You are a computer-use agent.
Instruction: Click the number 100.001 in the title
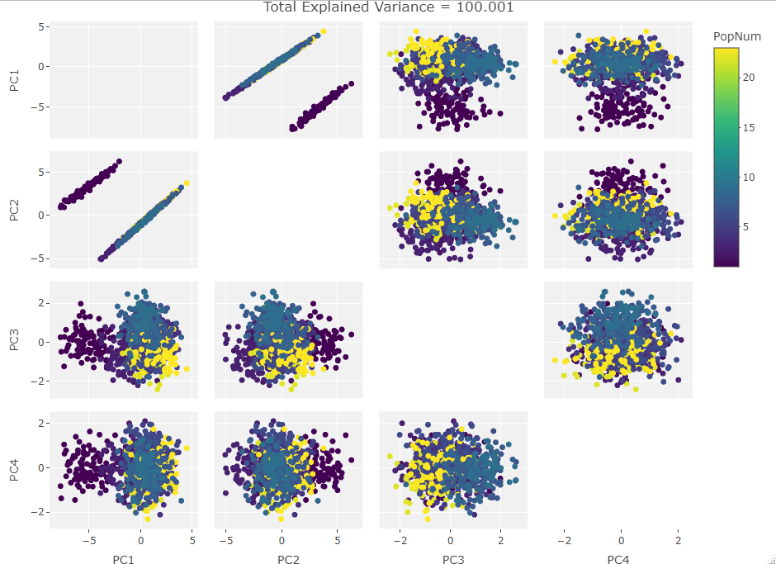click(485, 7)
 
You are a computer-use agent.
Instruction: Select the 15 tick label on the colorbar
click(750, 127)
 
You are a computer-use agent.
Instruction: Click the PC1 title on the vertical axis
click(15, 80)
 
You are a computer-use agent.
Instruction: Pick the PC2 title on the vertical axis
click(15, 210)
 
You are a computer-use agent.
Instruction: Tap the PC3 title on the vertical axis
click(15, 339)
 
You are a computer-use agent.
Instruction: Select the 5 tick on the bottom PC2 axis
click(337, 542)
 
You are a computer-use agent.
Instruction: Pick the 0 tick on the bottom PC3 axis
click(450, 542)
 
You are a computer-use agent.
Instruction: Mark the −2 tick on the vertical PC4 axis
click(39, 512)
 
